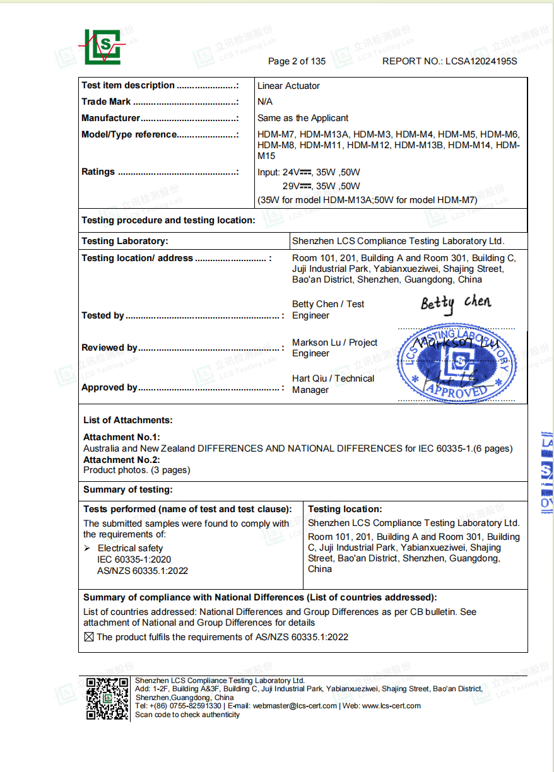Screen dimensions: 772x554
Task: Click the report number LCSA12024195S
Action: pos(481,61)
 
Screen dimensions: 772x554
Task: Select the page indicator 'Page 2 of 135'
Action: pos(297,61)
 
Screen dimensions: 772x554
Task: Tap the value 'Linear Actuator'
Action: pos(288,86)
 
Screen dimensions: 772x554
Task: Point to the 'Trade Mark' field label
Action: pos(106,102)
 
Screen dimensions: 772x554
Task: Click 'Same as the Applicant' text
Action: pos(303,118)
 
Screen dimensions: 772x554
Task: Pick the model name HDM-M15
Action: pos(266,156)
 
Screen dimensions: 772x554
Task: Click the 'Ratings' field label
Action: pos(98,172)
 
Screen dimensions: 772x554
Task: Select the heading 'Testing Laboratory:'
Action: pos(125,241)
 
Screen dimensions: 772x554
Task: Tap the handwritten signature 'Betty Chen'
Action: pos(456,303)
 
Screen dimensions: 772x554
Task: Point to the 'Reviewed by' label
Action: pos(109,348)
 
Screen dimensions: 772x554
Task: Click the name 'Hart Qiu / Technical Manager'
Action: pos(333,384)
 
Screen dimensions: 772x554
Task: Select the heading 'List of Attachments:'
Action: pos(127,420)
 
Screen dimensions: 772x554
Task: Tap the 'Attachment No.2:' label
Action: pos(122,460)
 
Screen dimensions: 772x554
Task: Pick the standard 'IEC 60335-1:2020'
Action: pos(134,559)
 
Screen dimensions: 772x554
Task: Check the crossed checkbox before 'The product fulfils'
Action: pos(89,637)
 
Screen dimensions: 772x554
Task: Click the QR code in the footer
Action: pos(107,699)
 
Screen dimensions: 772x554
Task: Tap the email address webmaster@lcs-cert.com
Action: pos(295,706)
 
